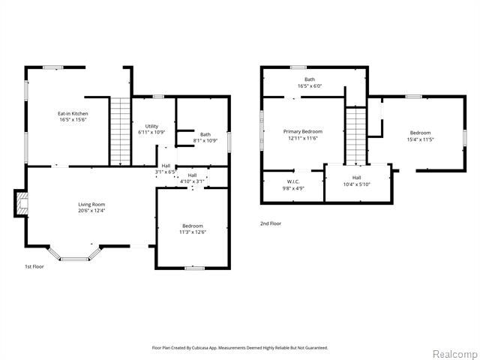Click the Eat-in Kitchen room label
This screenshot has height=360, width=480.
(73, 114)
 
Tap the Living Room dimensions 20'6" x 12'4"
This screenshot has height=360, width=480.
(91, 211)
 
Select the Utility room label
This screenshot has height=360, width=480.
(151, 127)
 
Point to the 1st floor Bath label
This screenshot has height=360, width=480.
(205, 134)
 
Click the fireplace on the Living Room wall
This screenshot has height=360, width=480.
(22, 202)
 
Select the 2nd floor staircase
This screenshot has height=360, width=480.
(355, 136)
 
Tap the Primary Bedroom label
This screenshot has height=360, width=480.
(302, 132)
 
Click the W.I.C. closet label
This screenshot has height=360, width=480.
(293, 181)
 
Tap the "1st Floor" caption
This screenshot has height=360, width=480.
(34, 266)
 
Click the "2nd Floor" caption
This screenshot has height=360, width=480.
(270, 223)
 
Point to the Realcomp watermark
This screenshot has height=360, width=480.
(452, 353)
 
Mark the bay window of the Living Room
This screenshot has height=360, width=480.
(74, 253)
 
